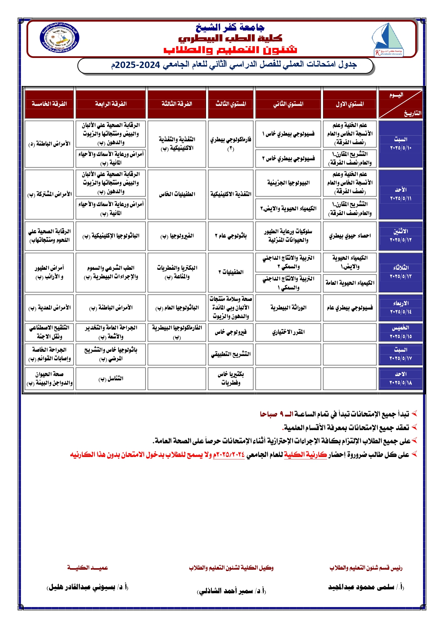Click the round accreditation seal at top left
pyautogui.click(x=59, y=38)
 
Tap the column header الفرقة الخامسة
pyautogui.click(x=49, y=104)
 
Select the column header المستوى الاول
pyautogui.click(x=350, y=104)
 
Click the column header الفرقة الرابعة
pyautogui.click(x=111, y=104)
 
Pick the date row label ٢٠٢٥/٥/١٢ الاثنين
pyautogui.click(x=400, y=235)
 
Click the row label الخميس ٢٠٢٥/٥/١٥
pyautogui.click(x=400, y=332)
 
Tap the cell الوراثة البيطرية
pyautogui.click(x=288, y=308)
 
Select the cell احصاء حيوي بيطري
pyautogui.click(x=350, y=236)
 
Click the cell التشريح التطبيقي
pyautogui.click(x=231, y=354)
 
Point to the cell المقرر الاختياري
pyautogui.click(x=288, y=332)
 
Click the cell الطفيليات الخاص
pyautogui.click(x=177, y=194)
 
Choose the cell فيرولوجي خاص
pyautogui.click(x=231, y=332)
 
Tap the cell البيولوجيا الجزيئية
pyautogui.click(x=288, y=183)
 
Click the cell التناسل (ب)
pyautogui.click(x=111, y=379)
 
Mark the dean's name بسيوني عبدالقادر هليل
pyautogui.click(x=88, y=587)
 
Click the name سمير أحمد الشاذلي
pyautogui.click(x=231, y=591)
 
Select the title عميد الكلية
pyautogui.click(x=88, y=568)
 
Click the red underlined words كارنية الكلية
pyautogui.click(x=305, y=454)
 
